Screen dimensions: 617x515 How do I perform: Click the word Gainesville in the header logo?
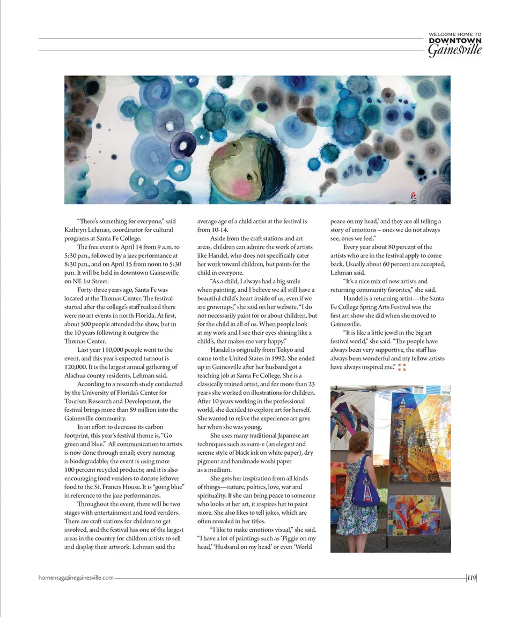(454, 50)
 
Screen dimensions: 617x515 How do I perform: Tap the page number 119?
(472, 577)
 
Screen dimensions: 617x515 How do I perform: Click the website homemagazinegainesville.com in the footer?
(76, 577)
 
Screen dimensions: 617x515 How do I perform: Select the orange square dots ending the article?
(402, 367)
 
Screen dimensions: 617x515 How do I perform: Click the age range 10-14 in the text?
(220, 230)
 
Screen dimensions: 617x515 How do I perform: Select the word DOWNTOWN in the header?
(455, 41)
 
